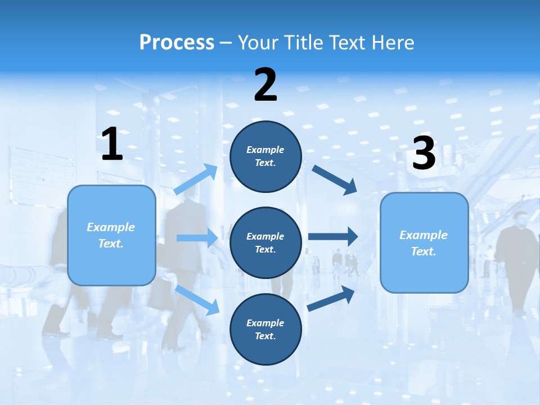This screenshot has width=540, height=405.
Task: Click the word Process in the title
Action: (177, 43)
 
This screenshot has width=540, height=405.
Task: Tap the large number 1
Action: (112, 144)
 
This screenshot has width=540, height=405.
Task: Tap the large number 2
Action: (265, 85)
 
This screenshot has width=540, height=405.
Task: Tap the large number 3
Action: (424, 153)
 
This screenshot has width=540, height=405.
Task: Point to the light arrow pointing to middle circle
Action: (197, 238)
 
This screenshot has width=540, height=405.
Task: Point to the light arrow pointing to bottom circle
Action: (197, 299)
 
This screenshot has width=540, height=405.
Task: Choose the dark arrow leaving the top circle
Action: (334, 179)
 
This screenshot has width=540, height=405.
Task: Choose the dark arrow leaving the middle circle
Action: (332, 236)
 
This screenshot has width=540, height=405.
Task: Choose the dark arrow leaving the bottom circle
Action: (331, 299)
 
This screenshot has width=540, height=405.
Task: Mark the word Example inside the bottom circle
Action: (265, 323)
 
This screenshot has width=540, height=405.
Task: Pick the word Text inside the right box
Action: (423, 251)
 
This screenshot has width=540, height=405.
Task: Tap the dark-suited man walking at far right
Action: (516, 253)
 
